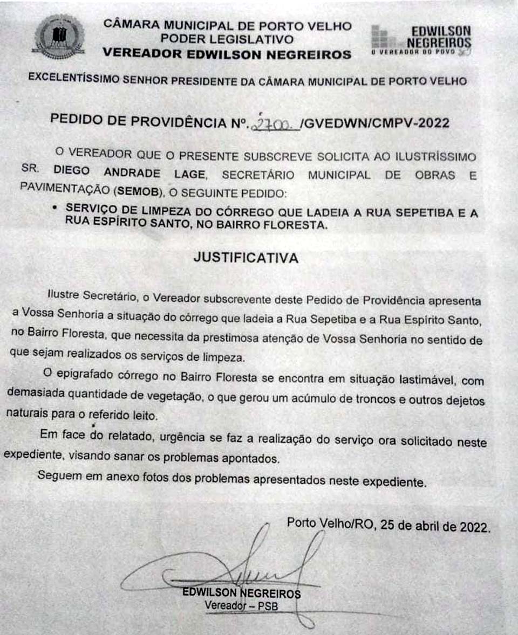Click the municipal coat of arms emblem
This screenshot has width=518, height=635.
59,37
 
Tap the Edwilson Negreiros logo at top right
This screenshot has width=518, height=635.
421,40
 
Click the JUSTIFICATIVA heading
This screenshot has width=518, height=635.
246,258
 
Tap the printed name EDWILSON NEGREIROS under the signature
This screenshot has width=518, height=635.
241,593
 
